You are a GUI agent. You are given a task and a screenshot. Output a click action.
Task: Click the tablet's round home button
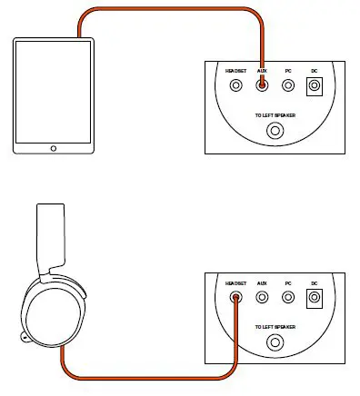[53, 147]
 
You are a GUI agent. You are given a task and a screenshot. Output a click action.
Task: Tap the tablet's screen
[53, 90]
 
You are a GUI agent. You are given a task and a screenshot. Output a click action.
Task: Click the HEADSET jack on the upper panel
[236, 86]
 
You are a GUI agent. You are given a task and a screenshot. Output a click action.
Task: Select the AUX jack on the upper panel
[262, 86]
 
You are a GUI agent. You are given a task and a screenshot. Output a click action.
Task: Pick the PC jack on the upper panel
[288, 86]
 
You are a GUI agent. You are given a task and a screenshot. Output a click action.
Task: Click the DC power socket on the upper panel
[315, 86]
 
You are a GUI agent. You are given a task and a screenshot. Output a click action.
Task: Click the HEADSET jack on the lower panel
[236, 297]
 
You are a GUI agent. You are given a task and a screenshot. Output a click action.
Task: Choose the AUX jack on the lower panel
[262, 297]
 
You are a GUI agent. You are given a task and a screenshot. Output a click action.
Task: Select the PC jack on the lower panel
[288, 297]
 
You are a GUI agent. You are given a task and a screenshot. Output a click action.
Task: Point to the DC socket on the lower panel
[315, 297]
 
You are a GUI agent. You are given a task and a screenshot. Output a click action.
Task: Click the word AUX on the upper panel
[262, 70]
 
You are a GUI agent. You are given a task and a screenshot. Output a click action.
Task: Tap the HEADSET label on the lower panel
[236, 282]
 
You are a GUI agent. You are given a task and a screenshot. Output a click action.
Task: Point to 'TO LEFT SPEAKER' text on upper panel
[275, 115]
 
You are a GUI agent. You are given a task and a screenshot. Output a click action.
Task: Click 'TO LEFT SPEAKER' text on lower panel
[275, 326]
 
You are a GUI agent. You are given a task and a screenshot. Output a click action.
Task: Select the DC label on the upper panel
[315, 70]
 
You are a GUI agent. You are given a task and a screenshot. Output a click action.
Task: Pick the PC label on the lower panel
[288, 282]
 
